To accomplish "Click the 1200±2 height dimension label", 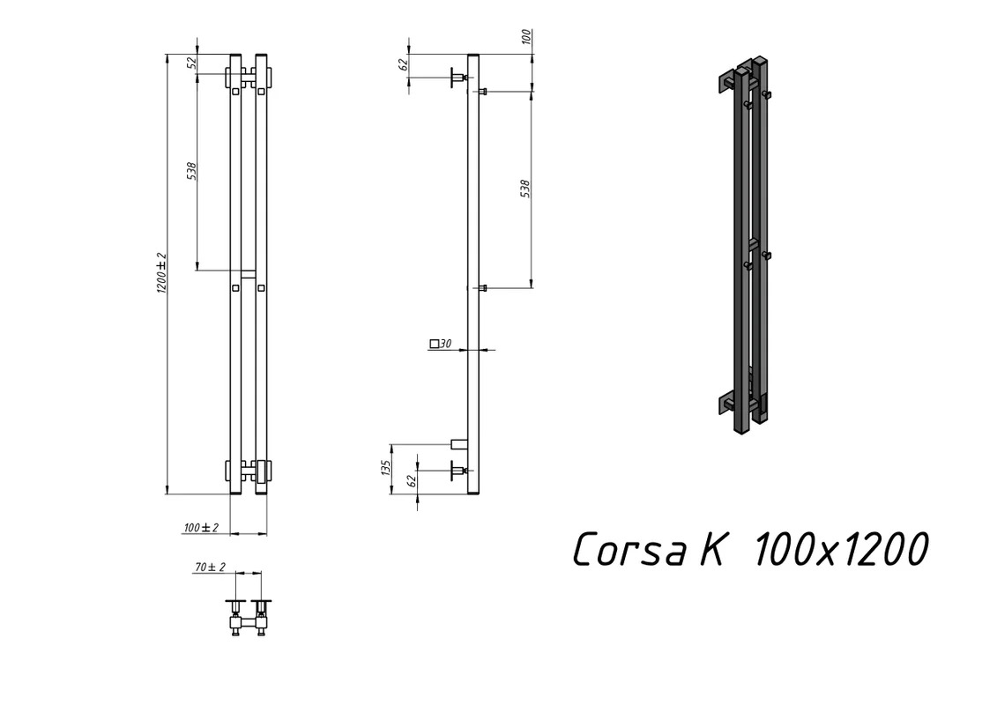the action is point(160,272).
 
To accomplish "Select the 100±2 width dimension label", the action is point(201,528).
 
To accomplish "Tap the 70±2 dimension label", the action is point(210,567).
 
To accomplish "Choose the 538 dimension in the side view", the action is point(525,189).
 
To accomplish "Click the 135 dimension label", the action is point(384,469).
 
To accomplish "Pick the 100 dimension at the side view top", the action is point(526,36).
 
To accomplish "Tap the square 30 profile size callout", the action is point(441,344).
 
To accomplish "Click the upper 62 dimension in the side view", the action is point(402,64).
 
